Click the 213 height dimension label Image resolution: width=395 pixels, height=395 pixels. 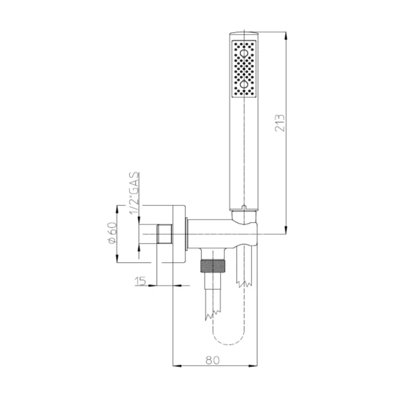pyautogui.click(x=280, y=123)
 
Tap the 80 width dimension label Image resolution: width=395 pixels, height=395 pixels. pyautogui.click(x=213, y=360)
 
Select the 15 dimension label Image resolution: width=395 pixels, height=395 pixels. pyautogui.click(x=140, y=281)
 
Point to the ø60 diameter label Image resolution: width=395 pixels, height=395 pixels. pyautogui.click(x=112, y=233)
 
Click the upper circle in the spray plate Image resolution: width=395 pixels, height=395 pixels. pyautogui.click(x=244, y=53)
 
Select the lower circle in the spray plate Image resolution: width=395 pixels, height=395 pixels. pyautogui.click(x=244, y=84)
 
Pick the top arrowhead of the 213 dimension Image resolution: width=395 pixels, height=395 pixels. pyautogui.click(x=286, y=36)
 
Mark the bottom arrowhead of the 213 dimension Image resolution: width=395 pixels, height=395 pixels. pyautogui.click(x=286, y=230)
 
